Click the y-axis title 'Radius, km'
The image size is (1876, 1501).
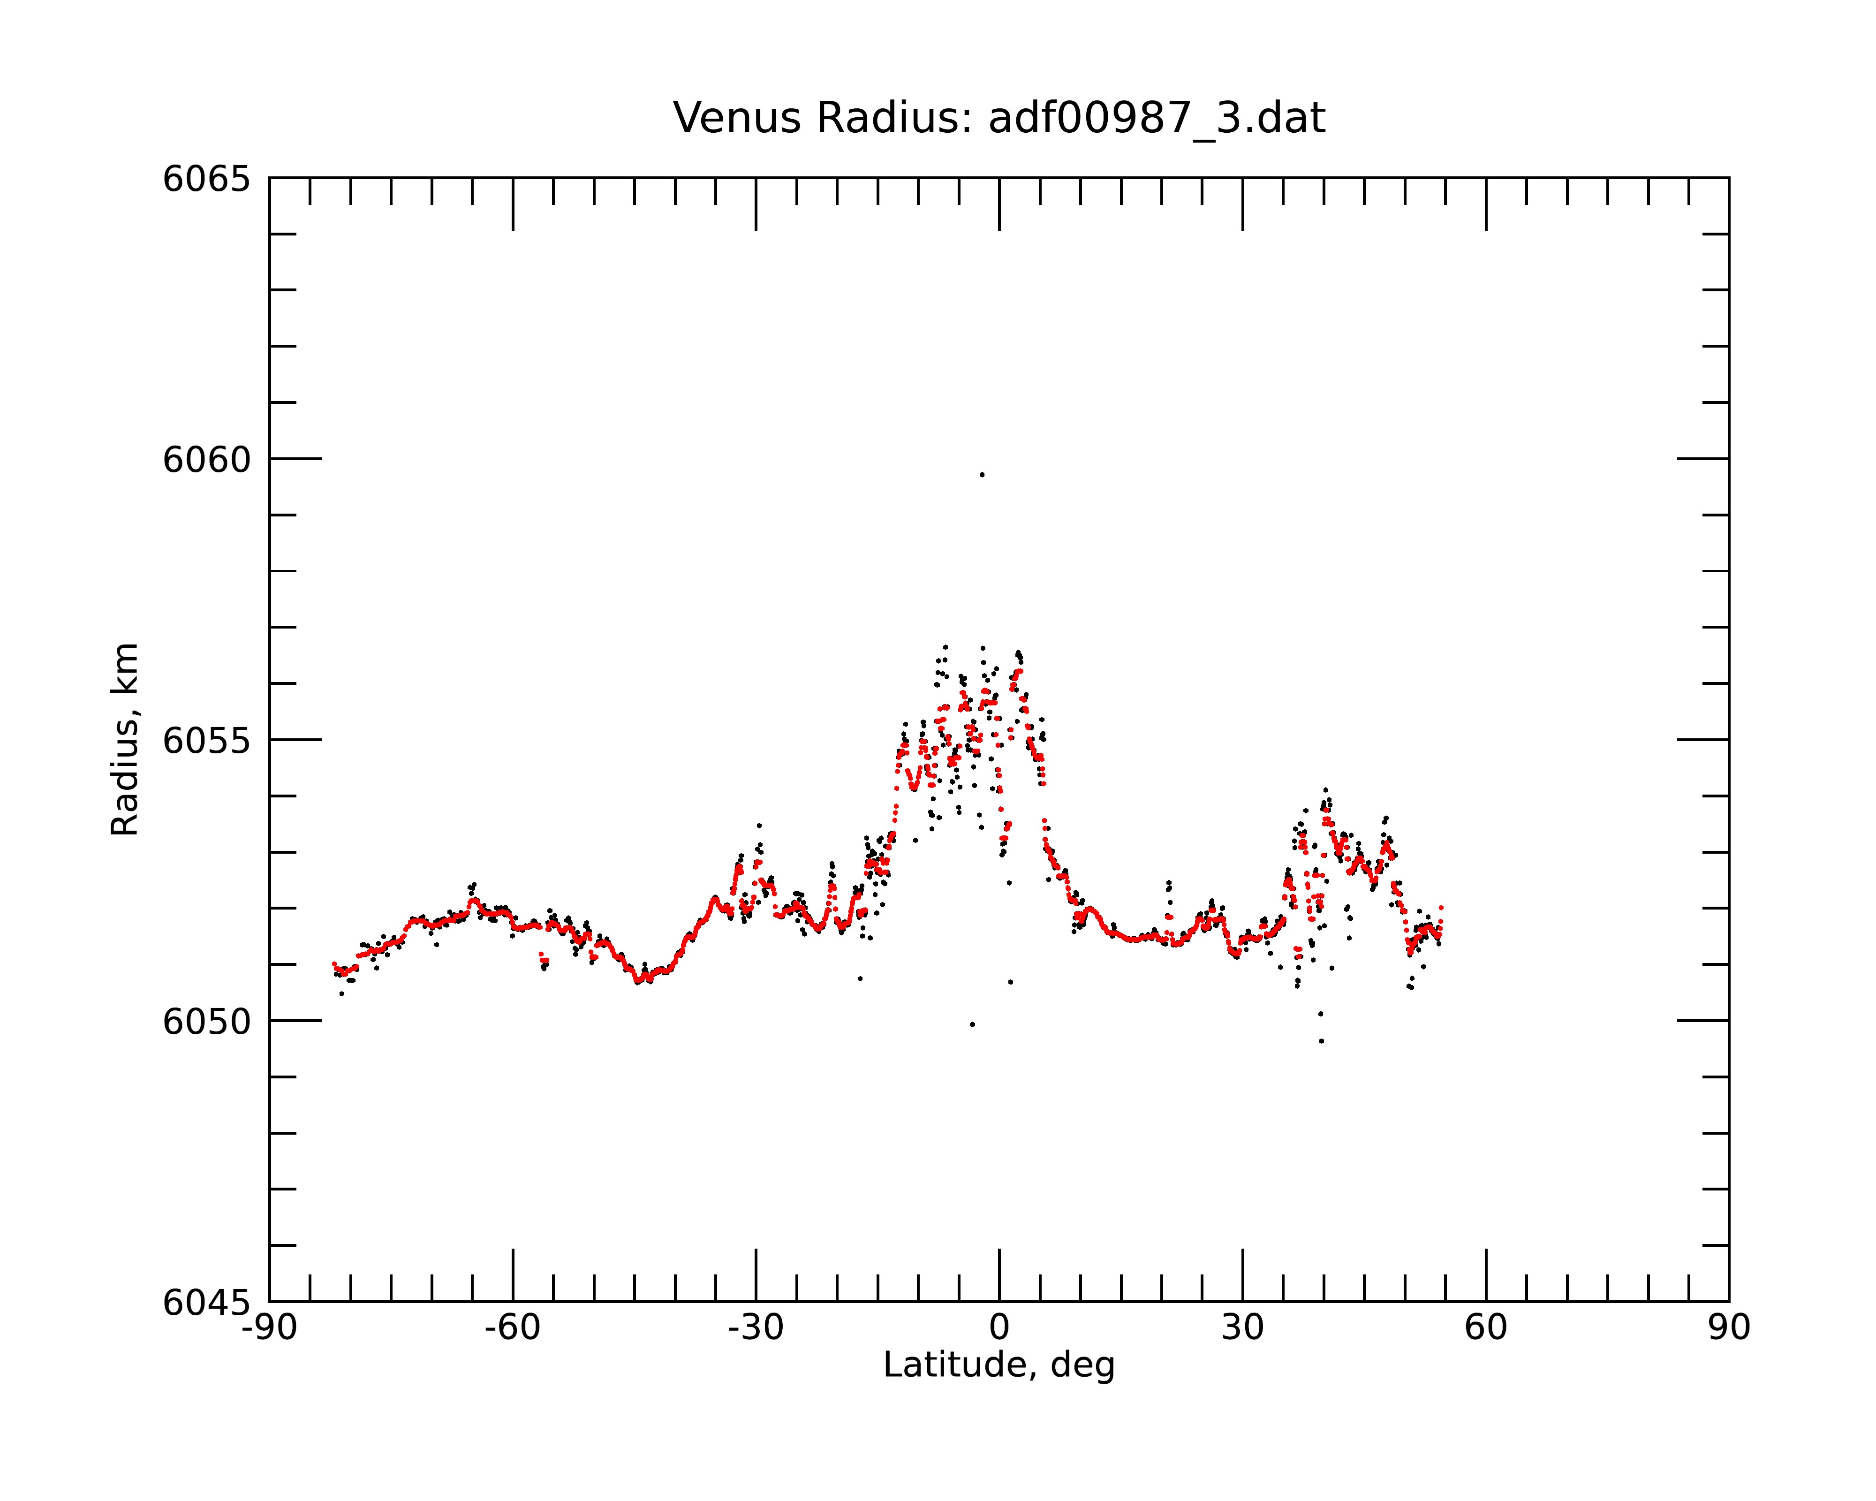124,740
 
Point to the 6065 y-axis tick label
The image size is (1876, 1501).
206,179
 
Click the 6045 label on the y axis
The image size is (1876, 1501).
206,1303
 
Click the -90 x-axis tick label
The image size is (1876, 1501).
270,1329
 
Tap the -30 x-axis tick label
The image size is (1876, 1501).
756,1329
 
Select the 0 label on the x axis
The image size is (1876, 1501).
999,1329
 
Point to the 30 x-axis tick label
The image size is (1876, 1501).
1242,1329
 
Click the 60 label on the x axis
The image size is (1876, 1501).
1485,1329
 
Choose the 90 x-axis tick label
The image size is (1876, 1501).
1729,1329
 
